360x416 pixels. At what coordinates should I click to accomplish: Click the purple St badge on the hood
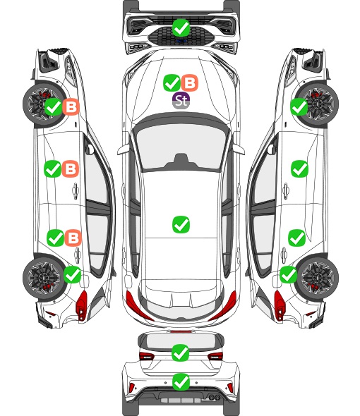181,100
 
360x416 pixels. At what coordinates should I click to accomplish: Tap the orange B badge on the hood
190,82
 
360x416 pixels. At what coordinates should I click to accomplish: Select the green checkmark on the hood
172,82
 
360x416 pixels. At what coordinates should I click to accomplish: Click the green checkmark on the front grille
181,27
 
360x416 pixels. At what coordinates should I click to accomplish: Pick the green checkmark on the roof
181,224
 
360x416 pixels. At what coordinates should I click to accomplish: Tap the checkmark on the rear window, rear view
181,353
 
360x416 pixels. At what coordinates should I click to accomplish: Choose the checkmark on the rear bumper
181,382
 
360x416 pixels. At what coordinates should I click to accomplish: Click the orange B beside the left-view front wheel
71,106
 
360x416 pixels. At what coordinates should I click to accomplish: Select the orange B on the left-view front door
71,169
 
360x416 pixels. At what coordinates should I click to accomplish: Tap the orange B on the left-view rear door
73,238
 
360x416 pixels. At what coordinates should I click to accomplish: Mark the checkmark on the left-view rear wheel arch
73,274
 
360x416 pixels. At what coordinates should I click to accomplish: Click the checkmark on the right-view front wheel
299,106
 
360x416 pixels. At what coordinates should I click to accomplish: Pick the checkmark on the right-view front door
300,169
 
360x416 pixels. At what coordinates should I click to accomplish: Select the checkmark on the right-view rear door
297,238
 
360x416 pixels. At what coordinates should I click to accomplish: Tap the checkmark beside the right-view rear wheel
289,274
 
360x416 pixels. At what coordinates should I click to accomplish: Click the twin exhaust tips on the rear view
215,398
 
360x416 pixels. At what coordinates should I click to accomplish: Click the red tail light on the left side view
82,305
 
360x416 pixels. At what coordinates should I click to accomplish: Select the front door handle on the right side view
286,190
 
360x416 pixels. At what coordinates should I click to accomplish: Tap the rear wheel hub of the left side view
43,279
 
